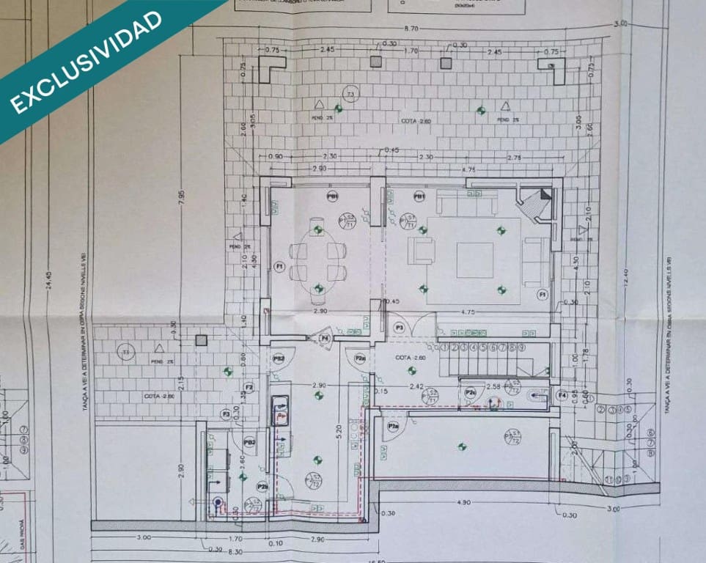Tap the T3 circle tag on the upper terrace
(x=351, y=95)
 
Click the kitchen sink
(x=281, y=409)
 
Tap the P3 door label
(x=400, y=327)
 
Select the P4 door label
(x=325, y=338)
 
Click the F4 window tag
(x=562, y=396)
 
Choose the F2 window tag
(x=249, y=387)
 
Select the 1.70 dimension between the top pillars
(x=411, y=51)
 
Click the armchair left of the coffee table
(x=421, y=250)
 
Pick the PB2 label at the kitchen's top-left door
(x=279, y=358)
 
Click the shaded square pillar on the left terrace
(x=202, y=340)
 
